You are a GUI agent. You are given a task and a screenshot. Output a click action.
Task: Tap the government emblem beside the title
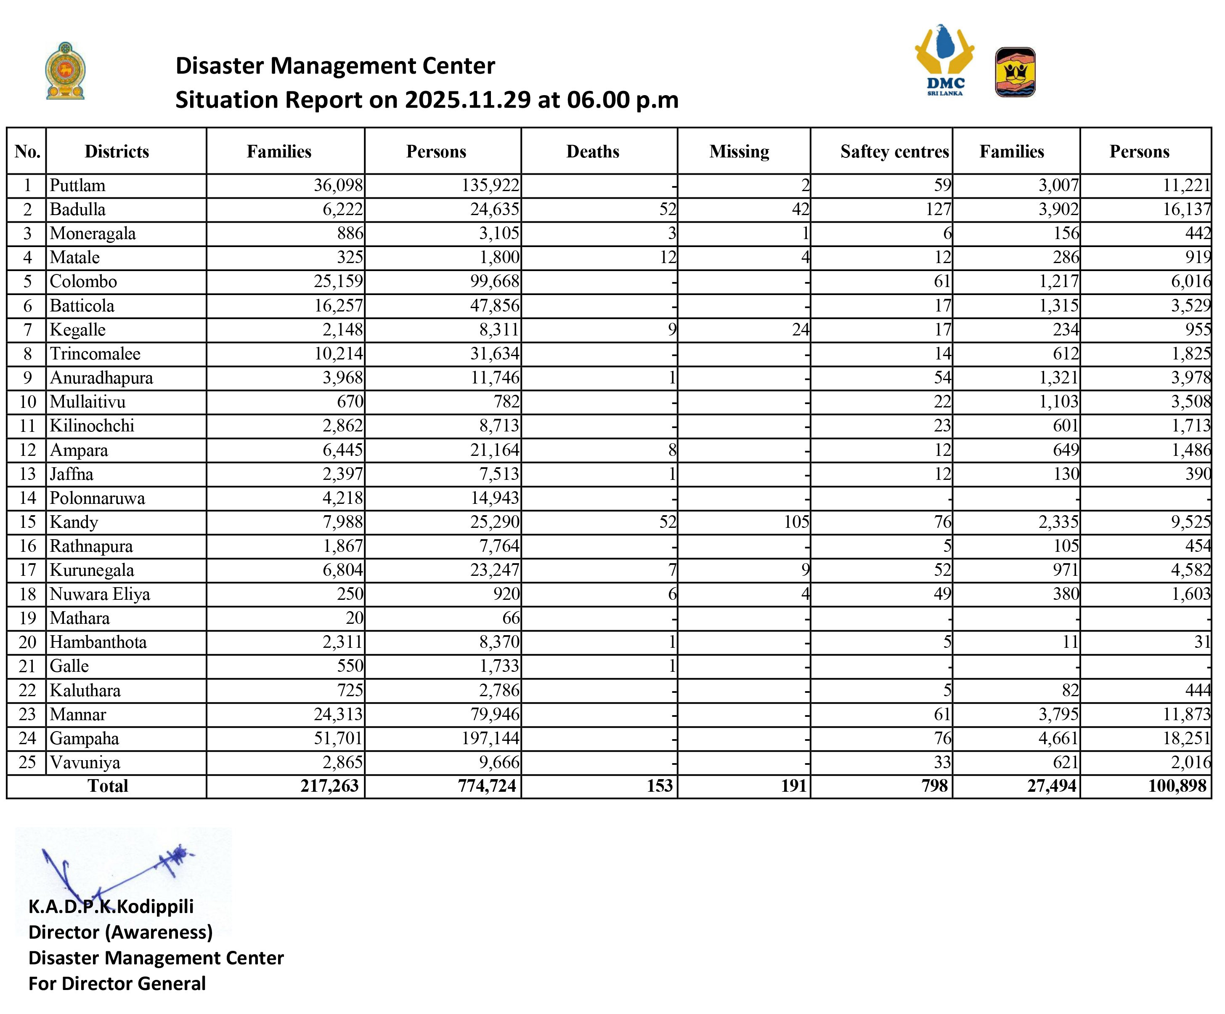65,71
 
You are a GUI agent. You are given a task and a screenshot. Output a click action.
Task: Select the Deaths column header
593,152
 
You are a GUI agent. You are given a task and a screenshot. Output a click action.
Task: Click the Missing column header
739,152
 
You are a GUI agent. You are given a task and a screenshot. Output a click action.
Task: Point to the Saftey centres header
894,152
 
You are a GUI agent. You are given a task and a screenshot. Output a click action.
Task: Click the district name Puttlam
77,186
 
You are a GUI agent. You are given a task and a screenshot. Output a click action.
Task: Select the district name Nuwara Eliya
100,594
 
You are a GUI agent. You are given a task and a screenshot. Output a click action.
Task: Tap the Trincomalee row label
95,354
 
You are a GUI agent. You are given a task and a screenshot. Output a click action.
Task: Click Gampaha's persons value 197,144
490,738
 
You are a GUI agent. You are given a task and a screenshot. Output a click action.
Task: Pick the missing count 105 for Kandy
796,522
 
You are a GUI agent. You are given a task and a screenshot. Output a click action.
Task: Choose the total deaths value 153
660,786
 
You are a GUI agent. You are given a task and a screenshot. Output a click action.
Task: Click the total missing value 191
794,786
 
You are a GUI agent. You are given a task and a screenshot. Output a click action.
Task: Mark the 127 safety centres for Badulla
938,210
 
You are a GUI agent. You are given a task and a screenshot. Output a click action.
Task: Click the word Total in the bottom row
108,786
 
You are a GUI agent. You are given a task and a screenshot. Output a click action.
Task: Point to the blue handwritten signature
117,870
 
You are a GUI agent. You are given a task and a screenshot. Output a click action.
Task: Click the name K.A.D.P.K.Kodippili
111,907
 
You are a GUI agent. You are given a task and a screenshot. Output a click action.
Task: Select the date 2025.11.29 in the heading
468,100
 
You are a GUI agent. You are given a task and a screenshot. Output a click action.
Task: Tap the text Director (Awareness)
120,932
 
